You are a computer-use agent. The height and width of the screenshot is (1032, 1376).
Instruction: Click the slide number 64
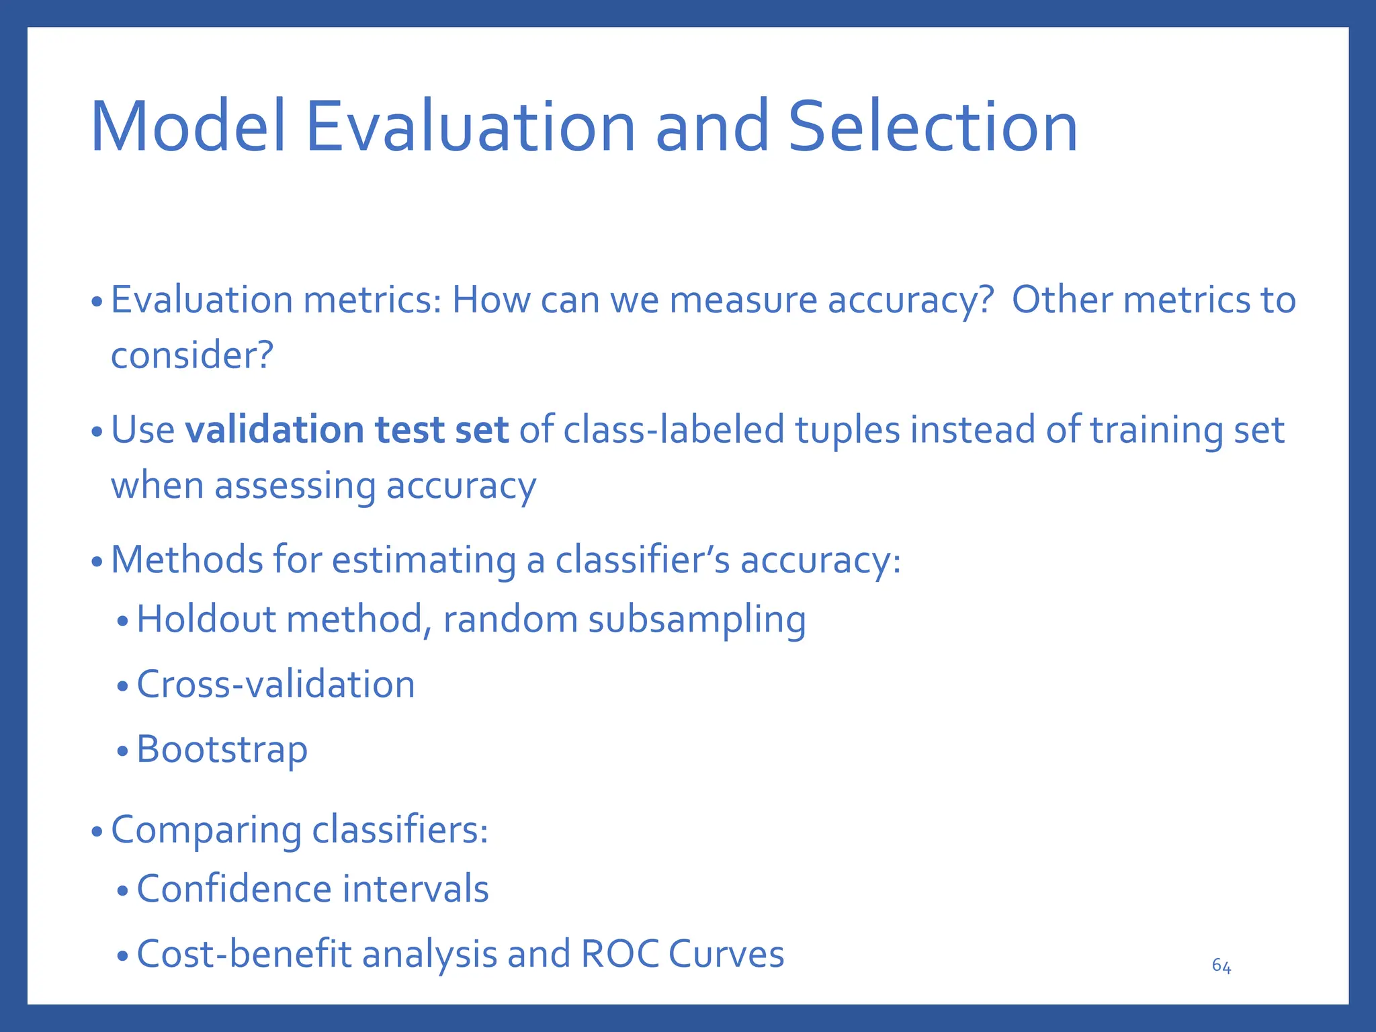[1221, 966]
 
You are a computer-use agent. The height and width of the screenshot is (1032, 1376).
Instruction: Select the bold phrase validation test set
[346, 430]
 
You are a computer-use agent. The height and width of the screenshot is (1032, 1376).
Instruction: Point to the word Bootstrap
[222, 750]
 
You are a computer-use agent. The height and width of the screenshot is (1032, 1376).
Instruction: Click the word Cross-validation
[275, 685]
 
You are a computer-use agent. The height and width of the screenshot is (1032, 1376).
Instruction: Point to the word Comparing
[206, 830]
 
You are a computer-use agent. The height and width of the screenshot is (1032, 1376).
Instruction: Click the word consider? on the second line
[191, 355]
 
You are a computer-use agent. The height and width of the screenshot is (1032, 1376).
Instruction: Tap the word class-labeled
[674, 430]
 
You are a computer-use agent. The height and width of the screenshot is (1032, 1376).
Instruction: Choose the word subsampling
[697, 619]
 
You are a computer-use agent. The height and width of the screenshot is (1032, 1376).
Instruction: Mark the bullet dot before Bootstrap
[122, 752]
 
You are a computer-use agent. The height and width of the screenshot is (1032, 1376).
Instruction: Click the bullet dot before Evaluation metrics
[97, 302]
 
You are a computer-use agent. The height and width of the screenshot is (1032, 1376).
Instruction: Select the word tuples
[848, 431]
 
